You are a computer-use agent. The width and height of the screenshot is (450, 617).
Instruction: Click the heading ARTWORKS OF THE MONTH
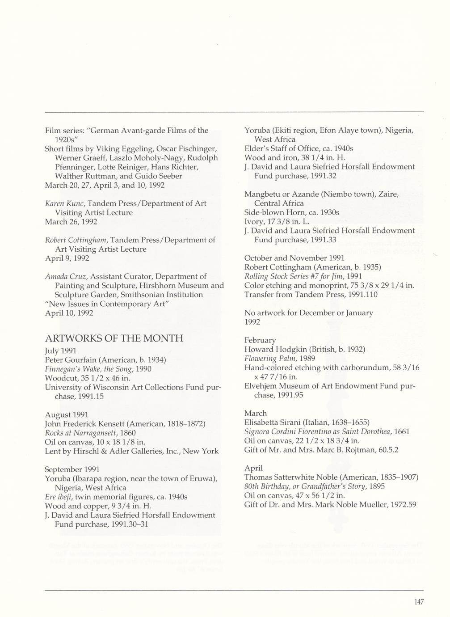click(114, 338)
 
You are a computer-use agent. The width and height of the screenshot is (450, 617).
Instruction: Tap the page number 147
click(418, 602)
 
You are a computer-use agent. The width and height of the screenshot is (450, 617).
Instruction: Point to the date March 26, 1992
click(71, 222)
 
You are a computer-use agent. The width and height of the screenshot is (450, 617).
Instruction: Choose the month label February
click(260, 340)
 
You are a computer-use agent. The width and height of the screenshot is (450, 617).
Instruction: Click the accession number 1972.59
click(404, 505)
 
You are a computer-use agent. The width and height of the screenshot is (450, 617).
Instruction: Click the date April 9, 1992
click(67, 258)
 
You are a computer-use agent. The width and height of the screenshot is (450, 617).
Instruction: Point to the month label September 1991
click(72, 469)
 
